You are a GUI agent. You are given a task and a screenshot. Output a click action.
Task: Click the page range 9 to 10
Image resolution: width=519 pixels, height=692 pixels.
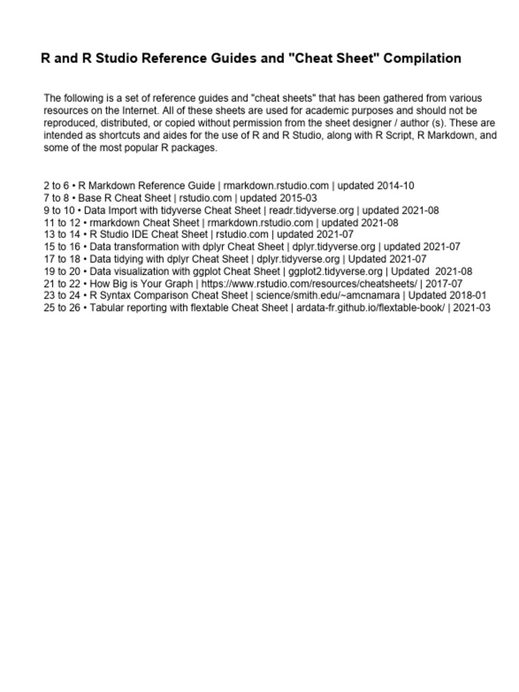coord(59,210)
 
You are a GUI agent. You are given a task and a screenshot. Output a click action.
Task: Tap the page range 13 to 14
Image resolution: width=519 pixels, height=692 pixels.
coord(61,234)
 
